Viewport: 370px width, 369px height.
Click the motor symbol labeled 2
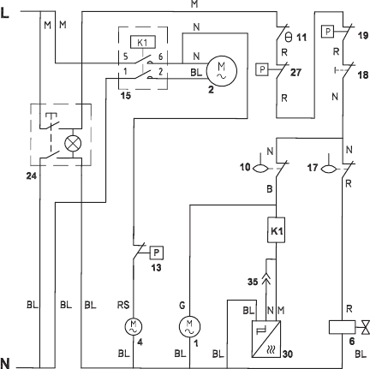tap(222, 71)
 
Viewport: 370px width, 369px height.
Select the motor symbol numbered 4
tap(134, 326)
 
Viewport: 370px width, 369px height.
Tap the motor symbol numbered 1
tap(189, 326)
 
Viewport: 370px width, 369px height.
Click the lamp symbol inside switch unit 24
tap(73, 143)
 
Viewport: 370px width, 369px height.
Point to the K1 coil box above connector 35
tap(276, 230)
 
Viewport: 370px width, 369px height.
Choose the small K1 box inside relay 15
tap(143, 43)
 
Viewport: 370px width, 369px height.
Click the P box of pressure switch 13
tap(157, 253)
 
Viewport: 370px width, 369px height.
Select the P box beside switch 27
tap(262, 69)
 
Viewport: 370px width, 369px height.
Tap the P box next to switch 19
tap(328, 32)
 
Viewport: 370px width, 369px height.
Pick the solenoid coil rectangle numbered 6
tap(343, 327)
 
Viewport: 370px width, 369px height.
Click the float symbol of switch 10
tap(260, 169)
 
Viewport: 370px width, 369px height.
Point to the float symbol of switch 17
tap(329, 169)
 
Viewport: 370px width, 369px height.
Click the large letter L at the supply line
tap(5, 13)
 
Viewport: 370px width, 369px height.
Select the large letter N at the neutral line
tap(5, 363)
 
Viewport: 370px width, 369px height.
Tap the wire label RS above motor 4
tap(123, 305)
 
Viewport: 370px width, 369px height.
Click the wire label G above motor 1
tap(182, 306)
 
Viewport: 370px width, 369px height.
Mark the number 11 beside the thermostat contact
tap(301, 38)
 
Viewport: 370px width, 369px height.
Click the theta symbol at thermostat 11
tap(289, 38)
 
